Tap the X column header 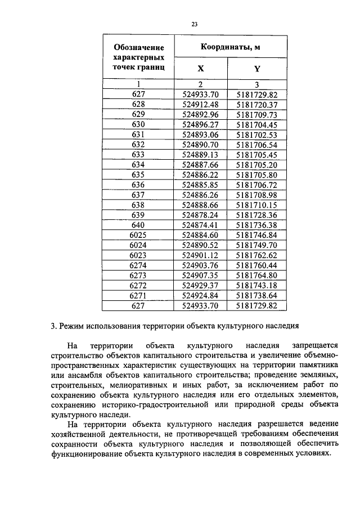(200, 69)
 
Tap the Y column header (257, 69)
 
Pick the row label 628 (138, 105)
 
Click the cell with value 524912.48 (201, 105)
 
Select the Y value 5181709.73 (257, 114)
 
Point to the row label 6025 (138, 235)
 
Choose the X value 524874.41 (201, 225)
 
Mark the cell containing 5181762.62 (257, 255)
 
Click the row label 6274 (138, 265)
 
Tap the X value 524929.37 (201, 286)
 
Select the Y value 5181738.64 (257, 296)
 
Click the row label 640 (138, 225)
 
